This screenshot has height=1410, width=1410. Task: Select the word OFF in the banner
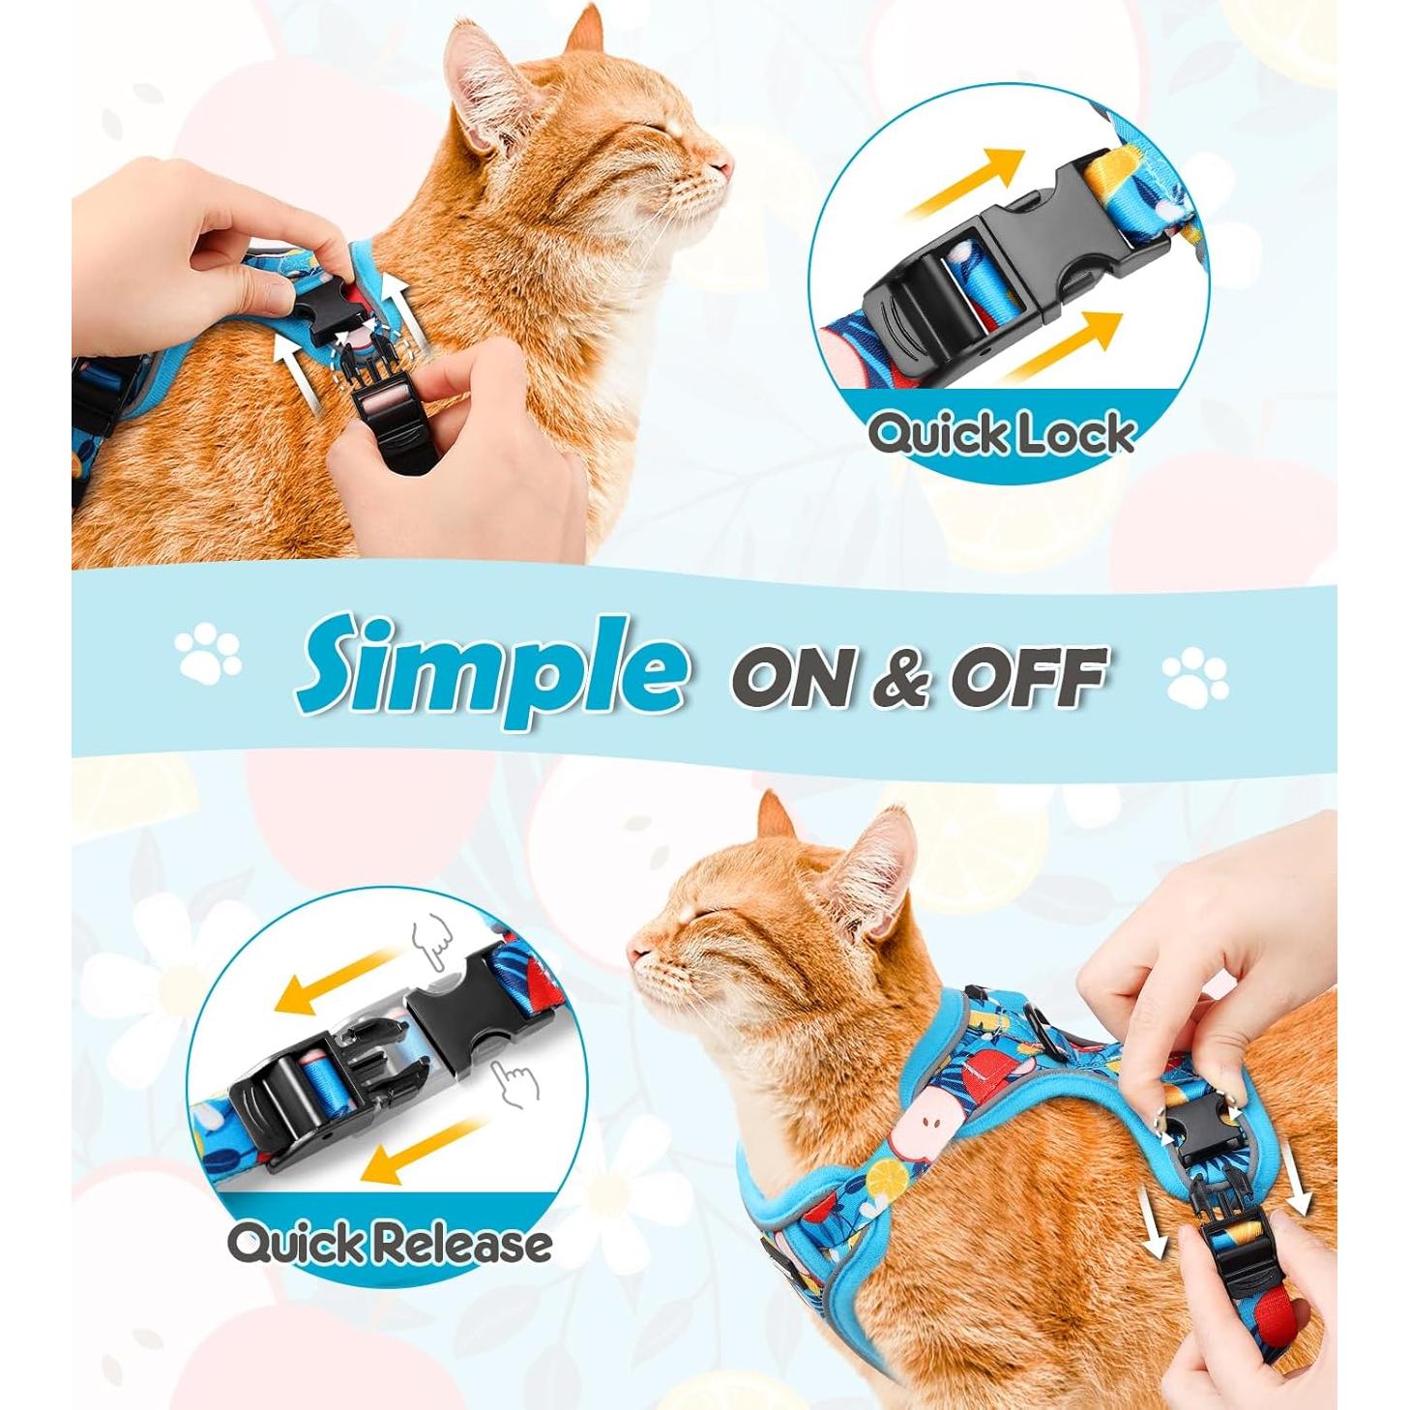coord(1027,676)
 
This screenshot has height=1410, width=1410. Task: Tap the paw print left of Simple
coord(208,653)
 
